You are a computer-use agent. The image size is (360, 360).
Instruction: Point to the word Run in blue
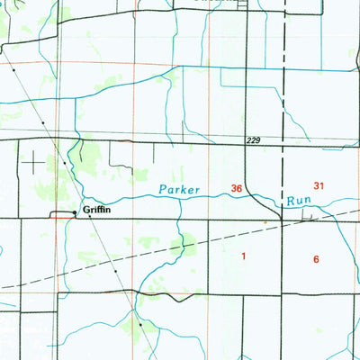point(299,201)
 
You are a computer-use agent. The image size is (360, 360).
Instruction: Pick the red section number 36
point(237,188)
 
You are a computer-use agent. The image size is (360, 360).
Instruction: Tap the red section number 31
point(319,185)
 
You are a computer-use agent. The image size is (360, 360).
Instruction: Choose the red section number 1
point(243,256)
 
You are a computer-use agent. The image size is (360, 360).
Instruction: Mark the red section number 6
point(316,259)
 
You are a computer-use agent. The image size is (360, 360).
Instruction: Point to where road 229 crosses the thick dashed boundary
point(282,141)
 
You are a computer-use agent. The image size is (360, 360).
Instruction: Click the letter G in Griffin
point(86,209)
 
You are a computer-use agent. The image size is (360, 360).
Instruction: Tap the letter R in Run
point(291,201)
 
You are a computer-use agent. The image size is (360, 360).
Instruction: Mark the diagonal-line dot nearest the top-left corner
point(15,68)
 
